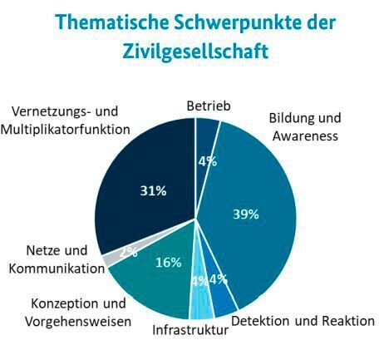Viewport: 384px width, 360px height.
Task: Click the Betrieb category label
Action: (207, 106)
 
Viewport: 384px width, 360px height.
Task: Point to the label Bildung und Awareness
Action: (305, 126)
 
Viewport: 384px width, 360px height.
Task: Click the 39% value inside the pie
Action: (245, 214)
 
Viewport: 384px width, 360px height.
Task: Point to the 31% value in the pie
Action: (153, 190)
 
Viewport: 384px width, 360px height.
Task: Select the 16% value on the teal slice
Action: (169, 263)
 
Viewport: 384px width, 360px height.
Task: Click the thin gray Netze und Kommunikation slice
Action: (109, 259)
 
